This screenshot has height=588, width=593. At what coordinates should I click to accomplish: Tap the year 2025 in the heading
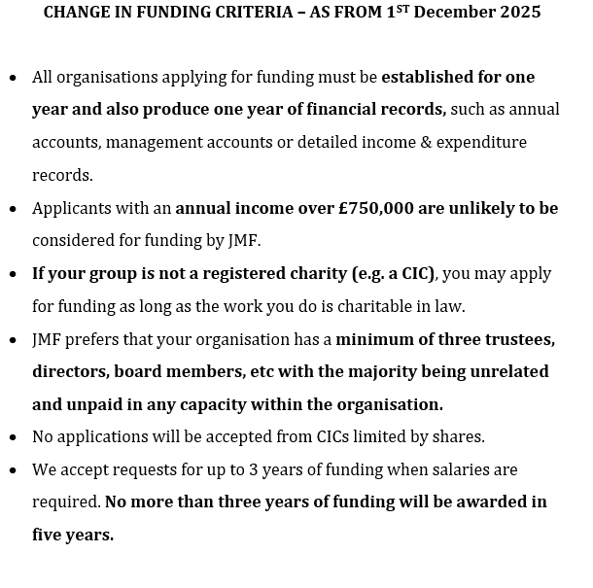point(514,13)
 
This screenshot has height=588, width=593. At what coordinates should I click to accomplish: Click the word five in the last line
point(49,535)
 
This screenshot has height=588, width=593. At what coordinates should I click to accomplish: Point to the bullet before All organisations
point(13,78)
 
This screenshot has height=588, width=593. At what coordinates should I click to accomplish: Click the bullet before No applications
point(13,437)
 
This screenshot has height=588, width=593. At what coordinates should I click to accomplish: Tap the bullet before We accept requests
point(13,470)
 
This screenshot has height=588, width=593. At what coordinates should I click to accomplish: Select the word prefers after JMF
point(102,339)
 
